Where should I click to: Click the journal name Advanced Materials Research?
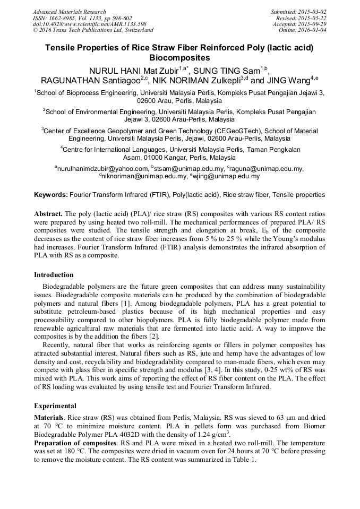tap(69, 12)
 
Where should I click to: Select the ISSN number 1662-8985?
tap(64, 18)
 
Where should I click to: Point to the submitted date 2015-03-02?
tap(313, 12)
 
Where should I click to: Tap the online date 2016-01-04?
tap(313, 30)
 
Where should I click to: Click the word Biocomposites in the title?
tap(179, 58)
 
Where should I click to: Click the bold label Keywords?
tap(51, 195)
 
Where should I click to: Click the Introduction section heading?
tap(54, 275)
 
